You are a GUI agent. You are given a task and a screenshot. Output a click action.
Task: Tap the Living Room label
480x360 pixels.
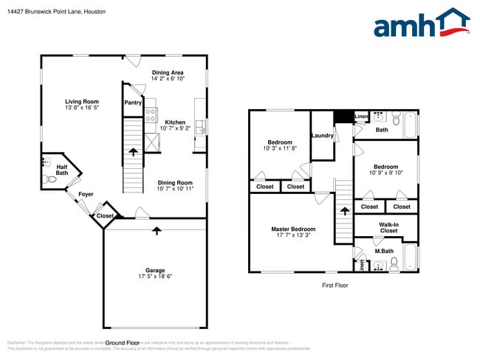tap(82, 102)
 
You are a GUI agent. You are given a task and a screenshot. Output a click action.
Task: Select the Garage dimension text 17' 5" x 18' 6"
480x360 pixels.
tap(155, 277)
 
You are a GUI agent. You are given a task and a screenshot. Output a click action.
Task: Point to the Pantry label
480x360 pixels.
tap(133, 103)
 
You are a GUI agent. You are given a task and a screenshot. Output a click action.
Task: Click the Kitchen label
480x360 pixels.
tap(175, 122)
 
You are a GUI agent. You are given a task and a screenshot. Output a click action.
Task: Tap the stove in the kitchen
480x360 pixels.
tap(151, 114)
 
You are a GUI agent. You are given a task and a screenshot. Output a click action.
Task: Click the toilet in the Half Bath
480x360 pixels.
tap(51, 178)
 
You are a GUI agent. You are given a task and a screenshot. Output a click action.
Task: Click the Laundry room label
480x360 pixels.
tap(322, 135)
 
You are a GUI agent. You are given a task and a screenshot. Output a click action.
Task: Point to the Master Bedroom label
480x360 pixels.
tap(292, 229)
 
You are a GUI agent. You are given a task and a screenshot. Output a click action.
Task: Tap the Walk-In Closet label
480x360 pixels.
tap(388, 227)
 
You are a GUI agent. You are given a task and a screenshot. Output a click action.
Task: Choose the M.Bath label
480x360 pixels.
tap(383, 251)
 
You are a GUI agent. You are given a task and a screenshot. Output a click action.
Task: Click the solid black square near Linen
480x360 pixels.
tap(343, 117)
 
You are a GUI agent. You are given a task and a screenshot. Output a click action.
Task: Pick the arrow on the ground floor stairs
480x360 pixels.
tap(133, 153)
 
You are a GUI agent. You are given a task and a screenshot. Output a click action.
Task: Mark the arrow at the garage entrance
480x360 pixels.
tap(156, 231)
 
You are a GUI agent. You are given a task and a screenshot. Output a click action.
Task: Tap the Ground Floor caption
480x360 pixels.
tap(123, 343)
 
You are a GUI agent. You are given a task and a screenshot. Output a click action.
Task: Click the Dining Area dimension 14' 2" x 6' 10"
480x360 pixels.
tap(168, 78)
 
